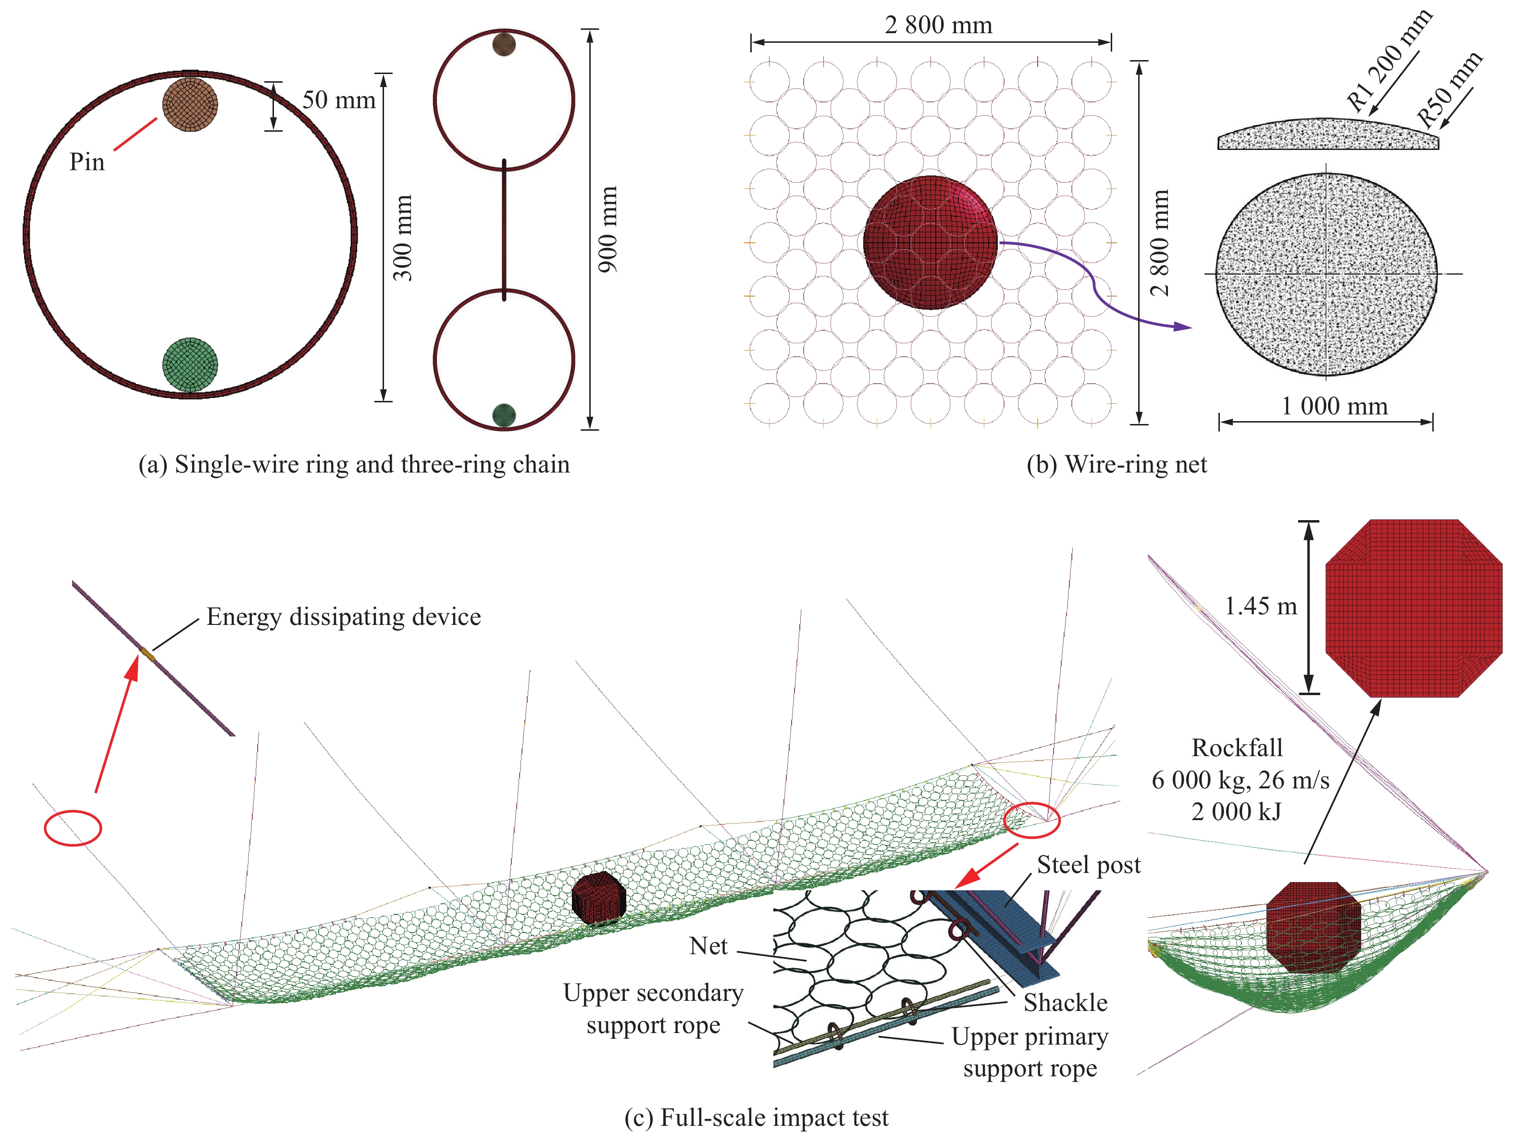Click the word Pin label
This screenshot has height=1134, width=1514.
(87, 162)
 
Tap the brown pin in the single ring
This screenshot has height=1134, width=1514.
(189, 104)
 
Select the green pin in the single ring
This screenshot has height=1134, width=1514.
(189, 364)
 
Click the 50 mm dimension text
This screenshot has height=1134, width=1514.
(339, 100)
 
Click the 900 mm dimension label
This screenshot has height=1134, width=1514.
(607, 229)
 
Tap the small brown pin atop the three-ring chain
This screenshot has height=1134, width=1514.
(504, 45)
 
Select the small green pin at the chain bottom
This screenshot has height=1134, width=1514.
(504, 415)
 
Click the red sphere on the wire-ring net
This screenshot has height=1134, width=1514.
(930, 242)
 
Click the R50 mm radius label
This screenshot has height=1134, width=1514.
(1450, 89)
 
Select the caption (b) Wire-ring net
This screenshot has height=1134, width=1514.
(1117, 465)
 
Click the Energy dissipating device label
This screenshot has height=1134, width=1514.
(344, 617)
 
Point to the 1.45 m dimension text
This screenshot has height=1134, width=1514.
(1260, 606)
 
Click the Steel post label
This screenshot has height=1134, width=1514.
(1088, 865)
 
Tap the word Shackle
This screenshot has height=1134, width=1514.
(1065, 1003)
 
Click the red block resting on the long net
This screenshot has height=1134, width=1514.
(599, 898)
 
